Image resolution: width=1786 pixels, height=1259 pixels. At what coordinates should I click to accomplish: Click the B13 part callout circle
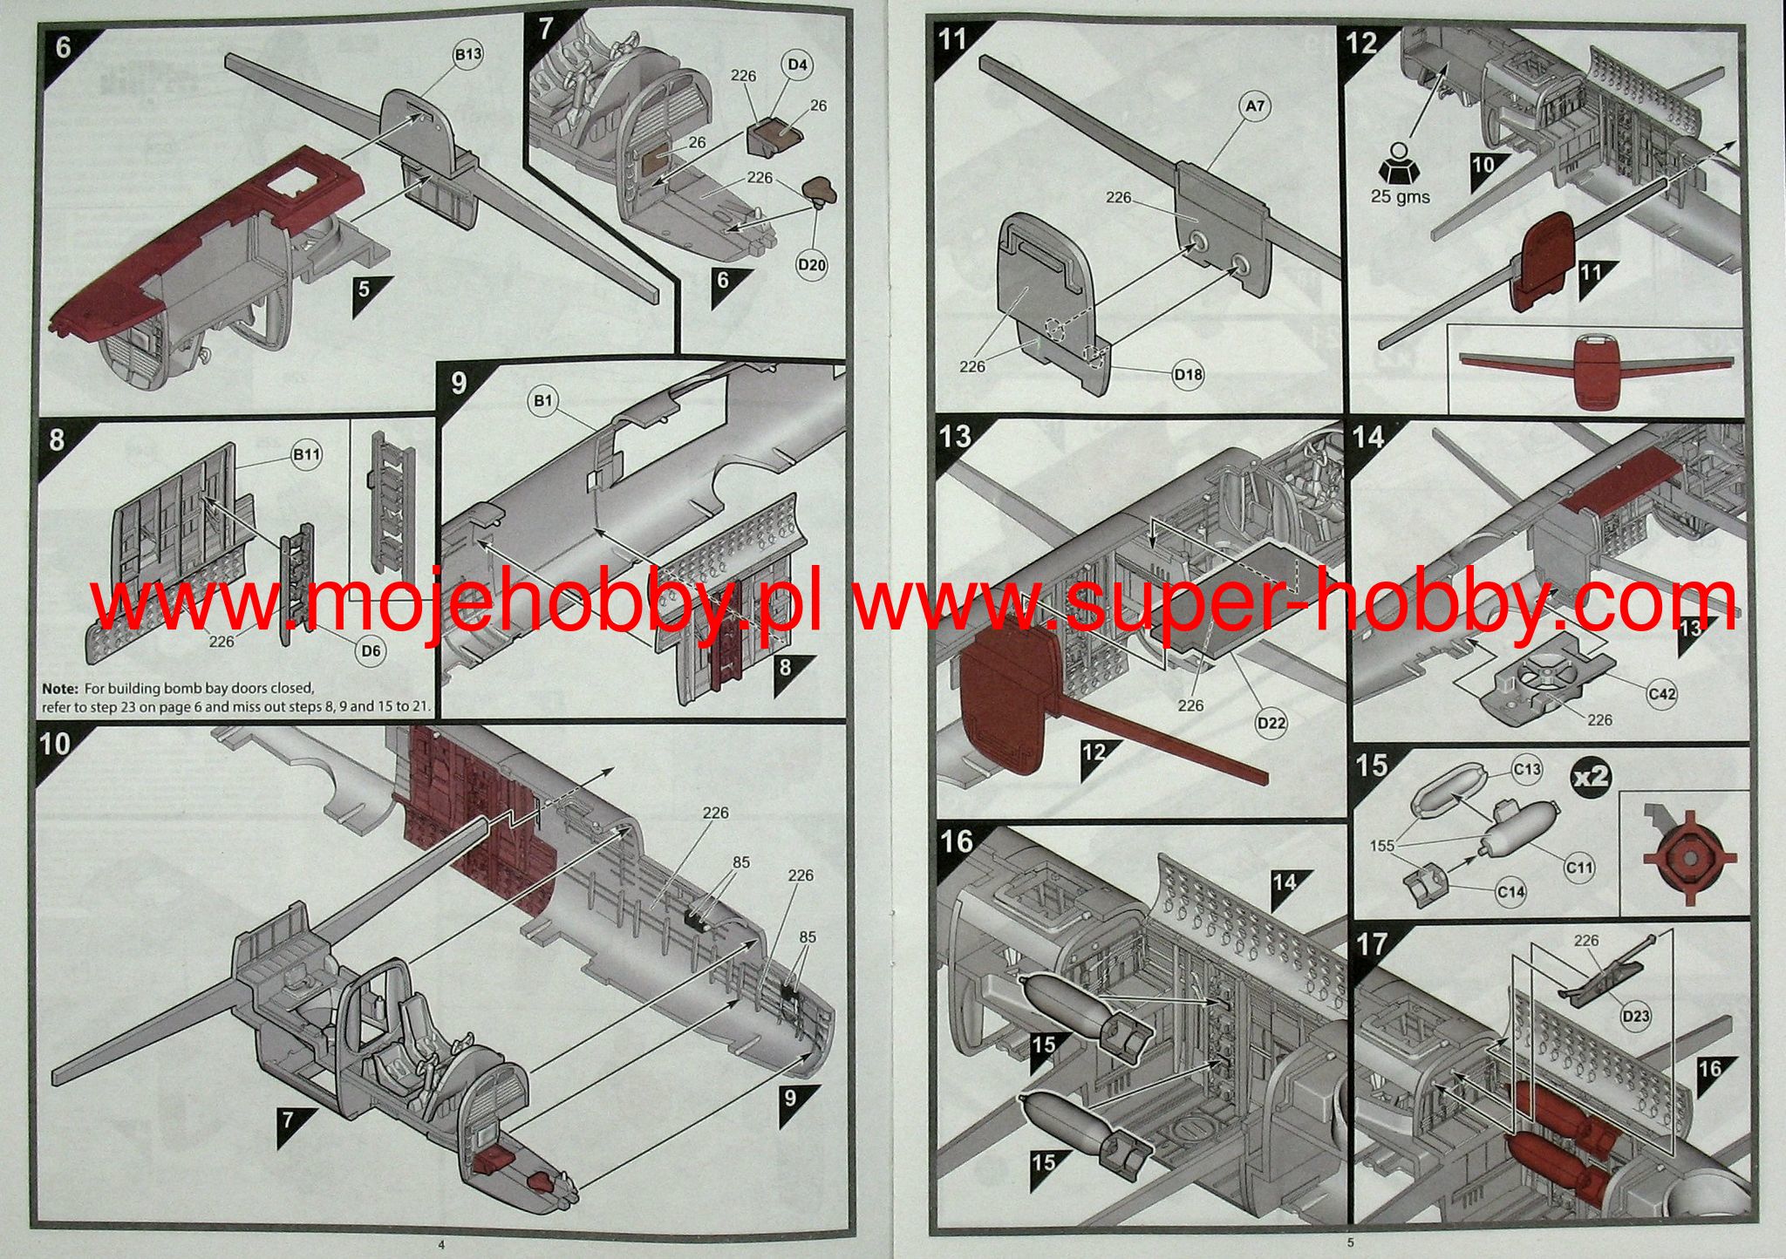click(467, 54)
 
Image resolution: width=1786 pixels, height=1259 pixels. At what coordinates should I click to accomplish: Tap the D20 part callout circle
click(812, 265)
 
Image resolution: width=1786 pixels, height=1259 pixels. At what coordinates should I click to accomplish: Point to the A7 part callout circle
click(1254, 106)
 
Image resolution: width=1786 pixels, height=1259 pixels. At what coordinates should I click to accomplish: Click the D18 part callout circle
click(1187, 374)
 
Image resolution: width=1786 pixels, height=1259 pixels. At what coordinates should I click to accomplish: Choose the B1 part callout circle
click(543, 400)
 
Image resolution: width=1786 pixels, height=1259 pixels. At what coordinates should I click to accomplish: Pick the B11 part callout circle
click(306, 454)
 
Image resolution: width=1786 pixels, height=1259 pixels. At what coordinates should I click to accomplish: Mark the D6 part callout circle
click(372, 650)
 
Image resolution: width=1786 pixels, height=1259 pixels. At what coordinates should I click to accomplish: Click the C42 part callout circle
click(1661, 693)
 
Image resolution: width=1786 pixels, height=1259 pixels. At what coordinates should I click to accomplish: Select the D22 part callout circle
click(1271, 722)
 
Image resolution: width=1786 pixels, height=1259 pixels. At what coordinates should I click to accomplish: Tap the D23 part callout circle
click(1635, 1016)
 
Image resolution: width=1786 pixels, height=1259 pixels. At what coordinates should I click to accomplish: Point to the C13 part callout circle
click(1526, 769)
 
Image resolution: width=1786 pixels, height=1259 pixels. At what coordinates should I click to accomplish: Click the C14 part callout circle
click(1510, 891)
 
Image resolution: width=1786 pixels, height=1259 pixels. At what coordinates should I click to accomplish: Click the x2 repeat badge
click(1591, 775)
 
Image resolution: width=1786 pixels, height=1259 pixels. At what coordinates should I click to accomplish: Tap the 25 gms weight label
click(1400, 196)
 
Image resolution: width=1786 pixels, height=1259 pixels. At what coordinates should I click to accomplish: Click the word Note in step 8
click(58, 689)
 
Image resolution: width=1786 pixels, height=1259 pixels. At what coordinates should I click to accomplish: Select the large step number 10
click(55, 744)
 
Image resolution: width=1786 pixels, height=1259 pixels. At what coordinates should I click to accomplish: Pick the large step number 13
click(956, 435)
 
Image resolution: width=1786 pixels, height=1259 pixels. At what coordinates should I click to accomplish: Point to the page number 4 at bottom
click(441, 1243)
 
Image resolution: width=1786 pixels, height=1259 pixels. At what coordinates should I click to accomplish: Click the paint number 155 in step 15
click(1382, 845)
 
